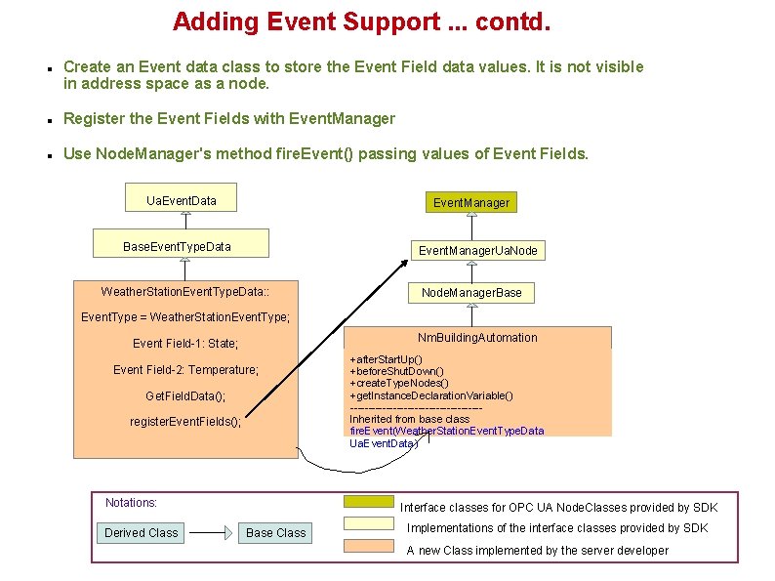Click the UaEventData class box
point(182,201)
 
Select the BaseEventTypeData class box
point(177,246)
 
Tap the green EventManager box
point(470,202)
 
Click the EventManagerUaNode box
point(477,251)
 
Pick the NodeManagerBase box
point(471,292)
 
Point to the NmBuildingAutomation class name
point(477,338)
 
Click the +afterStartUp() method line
point(386,360)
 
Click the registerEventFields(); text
point(185,422)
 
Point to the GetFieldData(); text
point(185,395)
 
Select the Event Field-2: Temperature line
point(185,370)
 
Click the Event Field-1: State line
point(185,344)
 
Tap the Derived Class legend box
point(142,532)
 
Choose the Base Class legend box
point(275,532)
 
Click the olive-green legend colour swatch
point(368,502)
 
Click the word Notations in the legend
point(131,503)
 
